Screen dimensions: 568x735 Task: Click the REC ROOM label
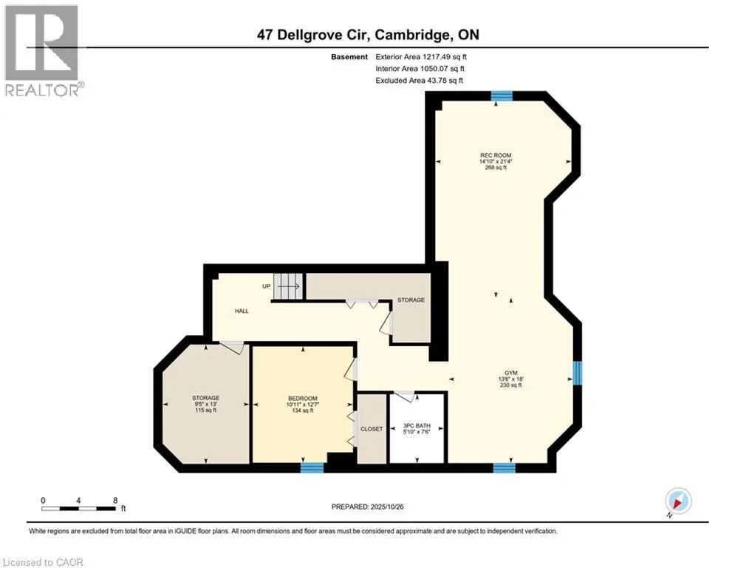coord(495,155)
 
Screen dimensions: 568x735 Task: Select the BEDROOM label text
coord(302,398)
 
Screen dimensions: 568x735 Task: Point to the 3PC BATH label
coord(416,425)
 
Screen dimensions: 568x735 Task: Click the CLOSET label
coord(371,429)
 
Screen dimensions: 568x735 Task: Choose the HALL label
coord(242,311)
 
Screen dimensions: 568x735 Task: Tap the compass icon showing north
coord(677,501)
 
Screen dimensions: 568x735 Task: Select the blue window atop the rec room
coord(502,95)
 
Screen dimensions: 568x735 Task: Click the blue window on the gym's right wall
coord(578,373)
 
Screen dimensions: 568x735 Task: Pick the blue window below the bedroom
coord(312,467)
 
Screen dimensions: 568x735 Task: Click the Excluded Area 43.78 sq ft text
coord(420,80)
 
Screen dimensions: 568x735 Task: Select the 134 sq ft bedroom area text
coord(302,410)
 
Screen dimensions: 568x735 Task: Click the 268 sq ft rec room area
coord(495,168)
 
